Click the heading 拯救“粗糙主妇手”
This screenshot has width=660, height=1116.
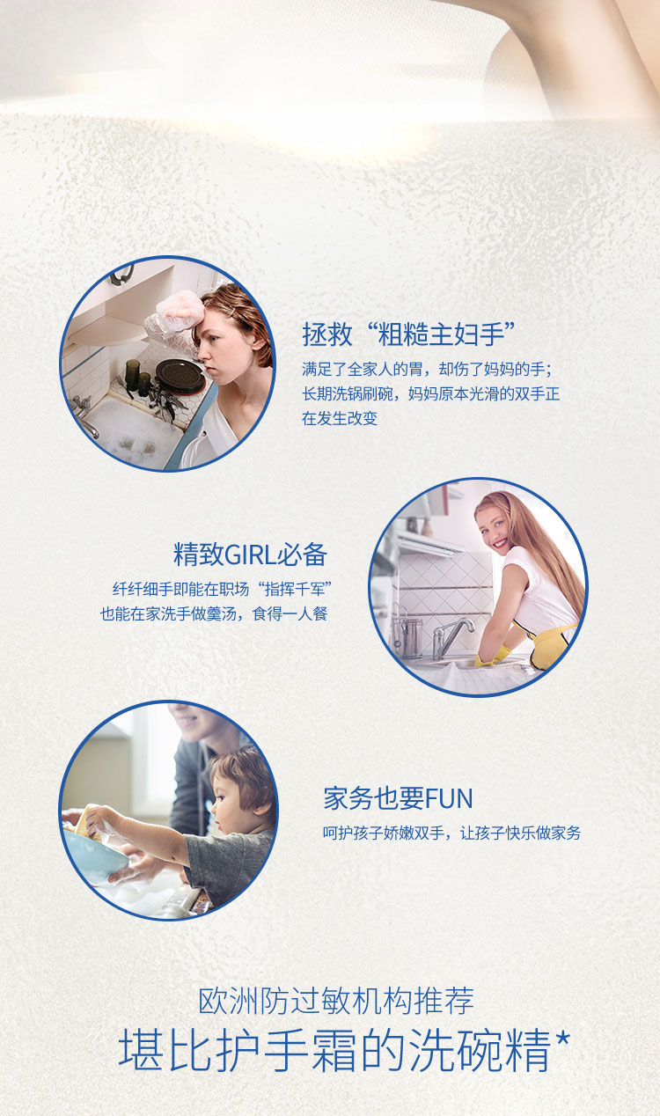409,334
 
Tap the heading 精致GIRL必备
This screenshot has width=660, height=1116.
250,554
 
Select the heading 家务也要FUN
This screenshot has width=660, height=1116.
398,798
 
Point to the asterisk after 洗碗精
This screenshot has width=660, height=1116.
562,1039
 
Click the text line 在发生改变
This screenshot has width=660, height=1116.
340,418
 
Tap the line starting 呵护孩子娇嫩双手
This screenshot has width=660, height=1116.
451,833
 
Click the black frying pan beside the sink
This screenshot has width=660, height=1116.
180,377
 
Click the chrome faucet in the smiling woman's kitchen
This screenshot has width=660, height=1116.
451,636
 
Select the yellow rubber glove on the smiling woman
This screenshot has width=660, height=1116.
492,656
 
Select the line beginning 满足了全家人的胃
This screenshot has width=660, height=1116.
427,369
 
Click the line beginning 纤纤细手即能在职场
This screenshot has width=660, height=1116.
222,589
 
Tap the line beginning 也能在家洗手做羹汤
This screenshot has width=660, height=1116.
214,613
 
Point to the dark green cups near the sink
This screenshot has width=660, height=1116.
137,377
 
